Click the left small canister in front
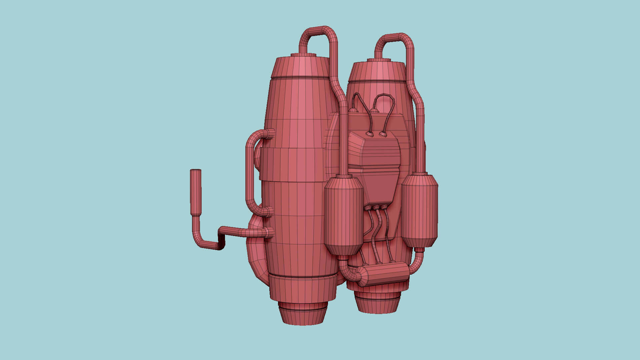pos(344,216)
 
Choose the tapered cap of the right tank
pos(377,72)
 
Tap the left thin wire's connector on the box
pos(369,134)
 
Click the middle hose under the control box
pos(377,233)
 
